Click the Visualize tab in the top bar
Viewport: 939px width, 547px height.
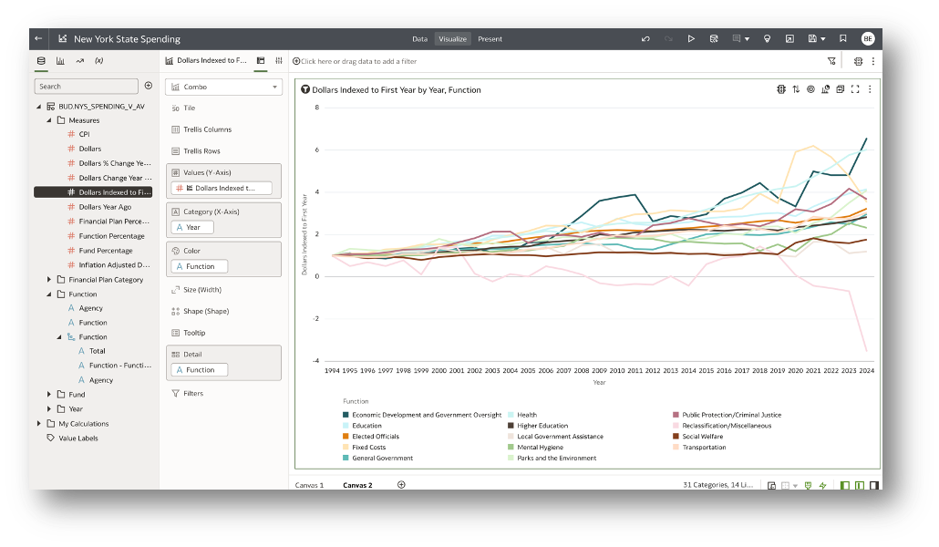452,39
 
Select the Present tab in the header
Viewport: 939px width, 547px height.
490,39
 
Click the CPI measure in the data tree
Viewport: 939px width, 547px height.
84,134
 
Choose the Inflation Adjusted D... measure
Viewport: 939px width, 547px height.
115,264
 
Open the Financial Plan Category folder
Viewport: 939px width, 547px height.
105,280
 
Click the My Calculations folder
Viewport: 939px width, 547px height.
83,424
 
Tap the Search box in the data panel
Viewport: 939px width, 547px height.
86,86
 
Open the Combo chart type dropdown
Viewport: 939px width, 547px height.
223,87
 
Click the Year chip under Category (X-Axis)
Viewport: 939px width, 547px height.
192,227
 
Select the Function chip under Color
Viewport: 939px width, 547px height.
200,266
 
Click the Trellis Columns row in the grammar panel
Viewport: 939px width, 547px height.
207,129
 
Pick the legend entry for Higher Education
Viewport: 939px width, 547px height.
542,426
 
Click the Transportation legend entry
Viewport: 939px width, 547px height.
703,448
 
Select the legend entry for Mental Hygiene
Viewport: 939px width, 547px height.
539,448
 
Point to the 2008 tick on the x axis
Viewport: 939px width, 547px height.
582,371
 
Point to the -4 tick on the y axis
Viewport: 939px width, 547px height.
316,361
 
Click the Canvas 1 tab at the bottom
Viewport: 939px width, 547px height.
309,485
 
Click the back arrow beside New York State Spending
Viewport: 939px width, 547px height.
38,39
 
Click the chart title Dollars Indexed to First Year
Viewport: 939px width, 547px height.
397,90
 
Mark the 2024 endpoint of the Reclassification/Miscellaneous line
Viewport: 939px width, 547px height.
866,351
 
